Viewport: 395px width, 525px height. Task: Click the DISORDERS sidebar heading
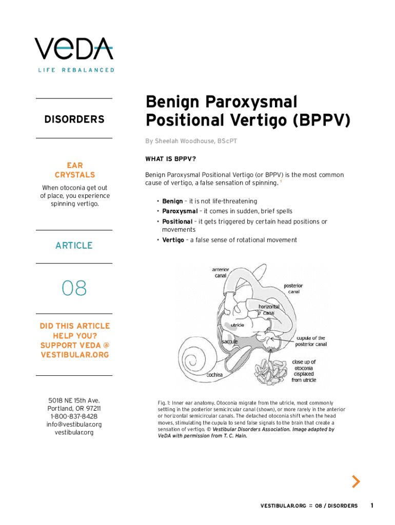74,119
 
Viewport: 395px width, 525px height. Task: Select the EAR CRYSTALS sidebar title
74,170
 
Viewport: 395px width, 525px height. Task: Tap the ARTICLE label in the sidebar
74,246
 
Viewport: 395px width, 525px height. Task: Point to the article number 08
74,289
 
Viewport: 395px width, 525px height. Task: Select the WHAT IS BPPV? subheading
171,158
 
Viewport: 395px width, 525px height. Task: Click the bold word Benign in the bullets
172,201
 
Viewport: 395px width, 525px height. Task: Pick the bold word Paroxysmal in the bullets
180,211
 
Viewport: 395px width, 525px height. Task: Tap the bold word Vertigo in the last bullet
173,240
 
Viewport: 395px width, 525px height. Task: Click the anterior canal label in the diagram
220,273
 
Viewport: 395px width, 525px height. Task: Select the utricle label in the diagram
237,325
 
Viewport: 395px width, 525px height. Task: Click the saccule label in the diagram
229,341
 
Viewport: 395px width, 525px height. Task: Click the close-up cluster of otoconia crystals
271,371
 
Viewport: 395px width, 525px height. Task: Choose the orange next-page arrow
355,481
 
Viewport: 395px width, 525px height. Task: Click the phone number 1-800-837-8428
74,417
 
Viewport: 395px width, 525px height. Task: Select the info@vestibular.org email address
74,425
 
